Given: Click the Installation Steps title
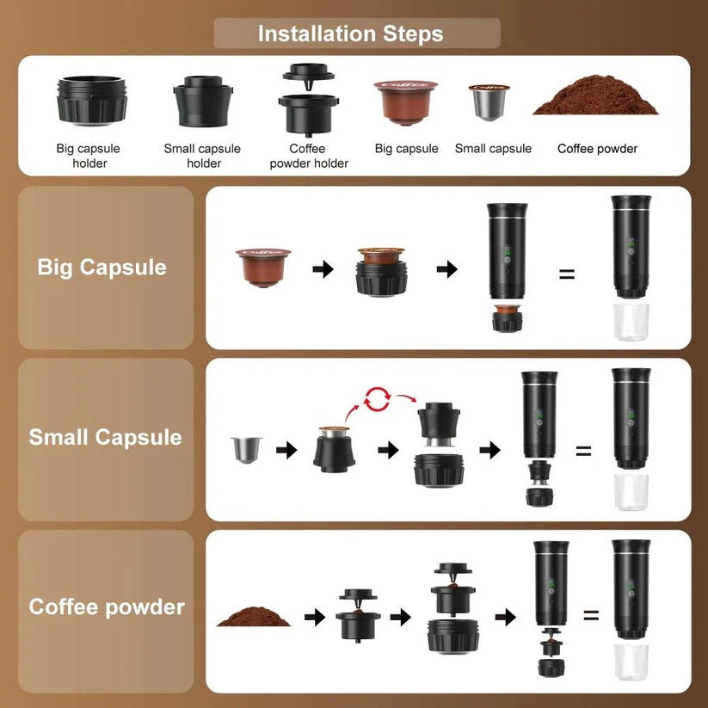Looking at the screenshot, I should (350, 34).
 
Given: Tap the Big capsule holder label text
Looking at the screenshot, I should (89, 156).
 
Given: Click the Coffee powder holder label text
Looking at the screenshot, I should (308, 156).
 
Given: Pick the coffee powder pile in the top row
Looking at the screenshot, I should (595, 101).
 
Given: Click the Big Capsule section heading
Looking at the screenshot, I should (102, 267).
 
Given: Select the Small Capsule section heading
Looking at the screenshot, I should (105, 437).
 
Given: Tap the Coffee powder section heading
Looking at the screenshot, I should (107, 607).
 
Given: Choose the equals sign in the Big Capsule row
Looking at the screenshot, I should (567, 275).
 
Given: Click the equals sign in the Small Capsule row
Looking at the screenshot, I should (583, 450).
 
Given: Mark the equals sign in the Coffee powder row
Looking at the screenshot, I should (591, 615).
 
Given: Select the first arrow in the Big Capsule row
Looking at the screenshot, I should (323, 269).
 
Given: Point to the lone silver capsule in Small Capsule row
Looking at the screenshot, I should (247, 448).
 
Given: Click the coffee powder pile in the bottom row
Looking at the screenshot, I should (255, 616).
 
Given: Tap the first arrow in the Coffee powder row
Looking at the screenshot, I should (315, 616).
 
